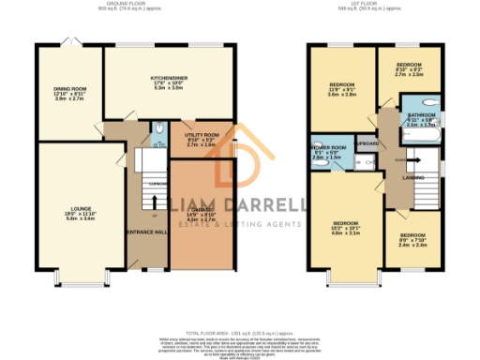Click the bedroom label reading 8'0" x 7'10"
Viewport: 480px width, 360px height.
[x=412, y=240]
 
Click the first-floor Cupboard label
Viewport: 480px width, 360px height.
[x=367, y=143]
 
